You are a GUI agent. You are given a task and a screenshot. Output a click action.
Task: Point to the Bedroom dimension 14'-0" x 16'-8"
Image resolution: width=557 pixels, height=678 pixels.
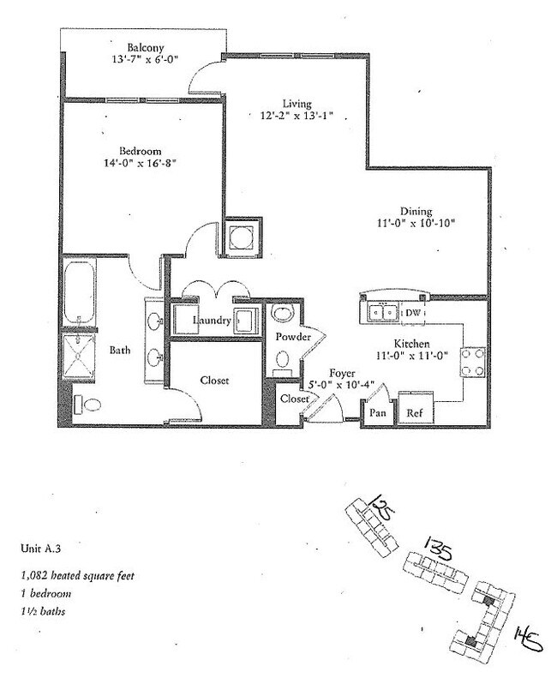(141, 161)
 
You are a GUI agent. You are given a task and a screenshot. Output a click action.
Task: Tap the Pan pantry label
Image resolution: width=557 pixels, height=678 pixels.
(376, 413)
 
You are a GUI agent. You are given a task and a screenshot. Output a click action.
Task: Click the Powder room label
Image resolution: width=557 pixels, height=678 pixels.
(291, 338)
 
